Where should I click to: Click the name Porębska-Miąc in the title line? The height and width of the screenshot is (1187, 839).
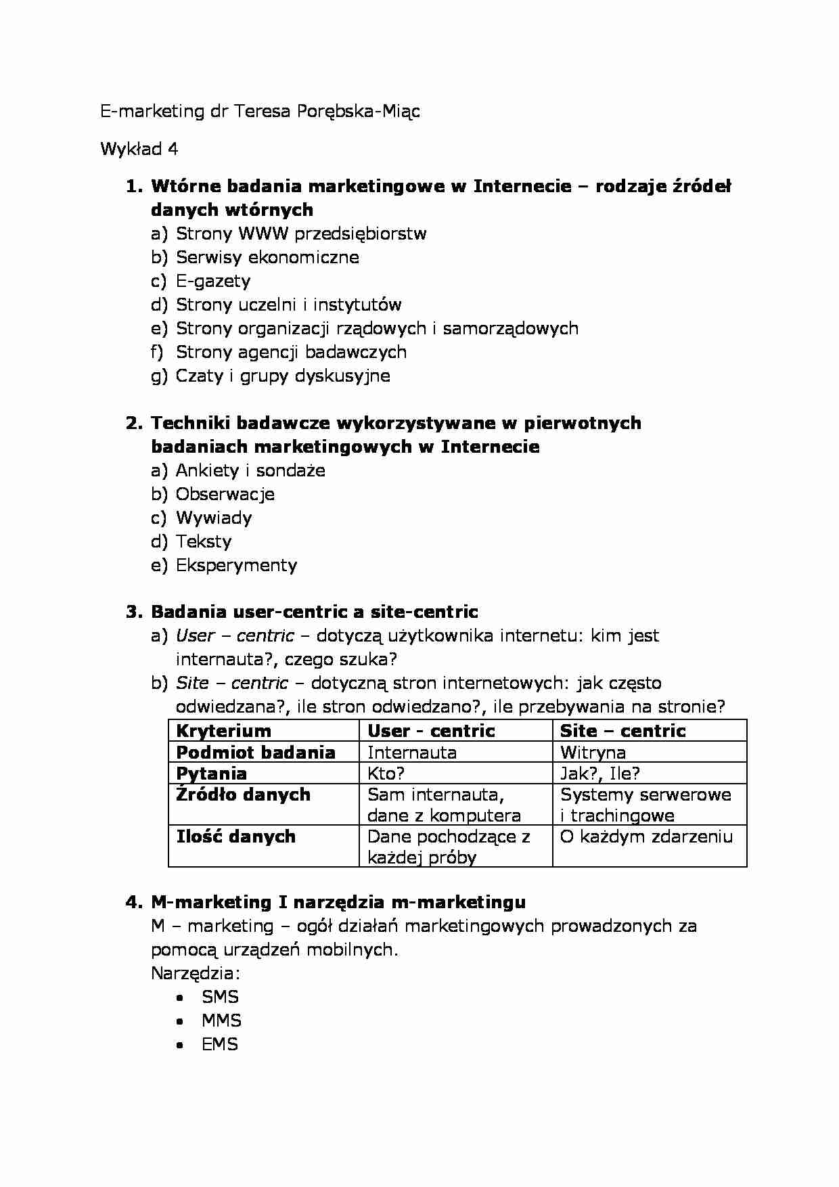tap(357, 112)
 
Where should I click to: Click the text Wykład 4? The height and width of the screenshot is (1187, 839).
tap(139, 149)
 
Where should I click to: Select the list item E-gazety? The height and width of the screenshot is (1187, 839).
tap(213, 281)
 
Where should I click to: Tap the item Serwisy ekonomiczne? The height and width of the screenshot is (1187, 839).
tap(267, 257)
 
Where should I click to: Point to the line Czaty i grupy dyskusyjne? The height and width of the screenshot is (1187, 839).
tap(283, 376)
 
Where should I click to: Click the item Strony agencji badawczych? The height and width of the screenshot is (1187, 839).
tap(291, 352)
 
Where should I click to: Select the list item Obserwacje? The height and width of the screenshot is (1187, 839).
tap(225, 494)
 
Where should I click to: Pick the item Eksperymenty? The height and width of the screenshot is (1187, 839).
tap(236, 565)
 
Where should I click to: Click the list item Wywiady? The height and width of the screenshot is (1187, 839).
tap(214, 518)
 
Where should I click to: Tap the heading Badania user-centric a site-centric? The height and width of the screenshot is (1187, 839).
tap(314, 612)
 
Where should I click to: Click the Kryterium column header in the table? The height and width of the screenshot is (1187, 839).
tap(223, 731)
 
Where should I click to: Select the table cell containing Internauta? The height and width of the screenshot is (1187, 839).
tap(411, 753)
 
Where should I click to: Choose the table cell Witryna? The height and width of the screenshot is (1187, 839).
tap(593, 753)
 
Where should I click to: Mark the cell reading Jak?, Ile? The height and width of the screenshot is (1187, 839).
tap(599, 774)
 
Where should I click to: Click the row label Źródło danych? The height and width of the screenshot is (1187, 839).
tap(243, 794)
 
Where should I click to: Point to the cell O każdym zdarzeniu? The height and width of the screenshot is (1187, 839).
tap(646, 836)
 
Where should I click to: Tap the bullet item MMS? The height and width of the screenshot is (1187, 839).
tap(221, 1021)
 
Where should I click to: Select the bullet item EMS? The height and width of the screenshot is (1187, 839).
tap(220, 1044)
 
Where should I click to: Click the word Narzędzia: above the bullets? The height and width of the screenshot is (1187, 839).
tap(196, 973)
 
